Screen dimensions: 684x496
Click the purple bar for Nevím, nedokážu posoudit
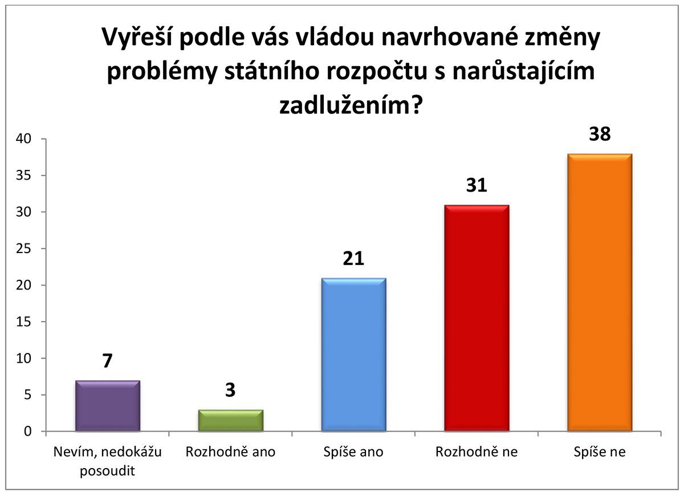108,405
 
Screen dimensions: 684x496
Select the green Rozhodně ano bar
230,420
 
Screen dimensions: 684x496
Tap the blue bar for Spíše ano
353,354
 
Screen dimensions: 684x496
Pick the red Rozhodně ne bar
477,318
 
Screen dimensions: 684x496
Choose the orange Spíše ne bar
600,292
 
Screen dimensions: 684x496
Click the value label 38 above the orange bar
600,134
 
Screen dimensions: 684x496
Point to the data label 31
477,185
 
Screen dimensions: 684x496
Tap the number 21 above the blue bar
353,258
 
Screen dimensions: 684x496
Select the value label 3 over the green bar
230,390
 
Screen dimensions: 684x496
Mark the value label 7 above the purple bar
107,361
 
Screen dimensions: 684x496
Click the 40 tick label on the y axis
23,139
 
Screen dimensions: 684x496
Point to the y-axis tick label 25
23,249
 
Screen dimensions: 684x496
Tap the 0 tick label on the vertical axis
28,431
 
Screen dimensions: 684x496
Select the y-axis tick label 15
23,322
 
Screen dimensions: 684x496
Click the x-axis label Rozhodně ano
230,452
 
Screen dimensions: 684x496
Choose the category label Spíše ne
600,452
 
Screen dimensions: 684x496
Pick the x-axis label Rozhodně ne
477,452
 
